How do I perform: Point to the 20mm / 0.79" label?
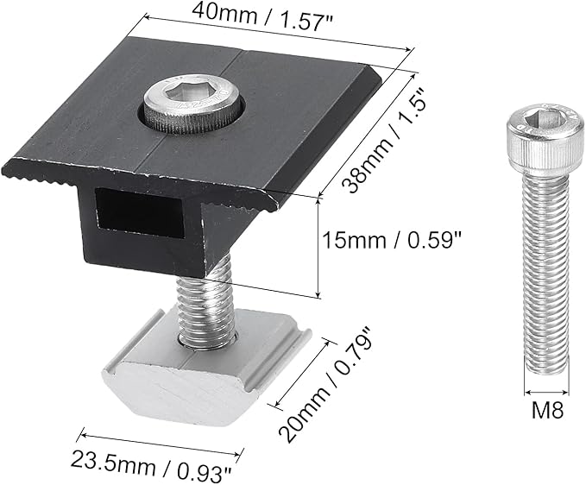pos(325,385)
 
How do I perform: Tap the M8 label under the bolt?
pos(547,410)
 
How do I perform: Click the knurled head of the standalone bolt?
pos(545,138)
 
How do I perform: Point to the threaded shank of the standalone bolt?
pos(546,273)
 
